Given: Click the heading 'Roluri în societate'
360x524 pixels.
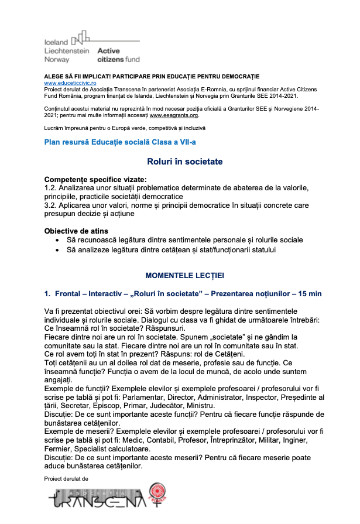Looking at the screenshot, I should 184,162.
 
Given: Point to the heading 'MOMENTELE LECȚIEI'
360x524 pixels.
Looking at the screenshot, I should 184,275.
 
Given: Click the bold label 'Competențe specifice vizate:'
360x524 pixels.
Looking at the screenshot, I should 96,179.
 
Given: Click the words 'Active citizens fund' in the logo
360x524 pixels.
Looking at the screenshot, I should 118,55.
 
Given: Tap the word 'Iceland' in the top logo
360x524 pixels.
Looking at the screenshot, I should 57,42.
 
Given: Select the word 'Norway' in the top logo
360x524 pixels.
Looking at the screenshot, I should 57,59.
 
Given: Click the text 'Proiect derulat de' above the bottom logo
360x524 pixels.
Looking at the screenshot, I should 66,479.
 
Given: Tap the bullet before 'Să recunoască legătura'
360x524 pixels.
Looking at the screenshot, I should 57,241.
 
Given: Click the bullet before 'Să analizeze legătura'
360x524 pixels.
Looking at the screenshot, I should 57,250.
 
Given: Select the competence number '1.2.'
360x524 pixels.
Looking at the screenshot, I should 52,188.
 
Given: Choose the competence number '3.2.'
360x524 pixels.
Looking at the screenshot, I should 52,205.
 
